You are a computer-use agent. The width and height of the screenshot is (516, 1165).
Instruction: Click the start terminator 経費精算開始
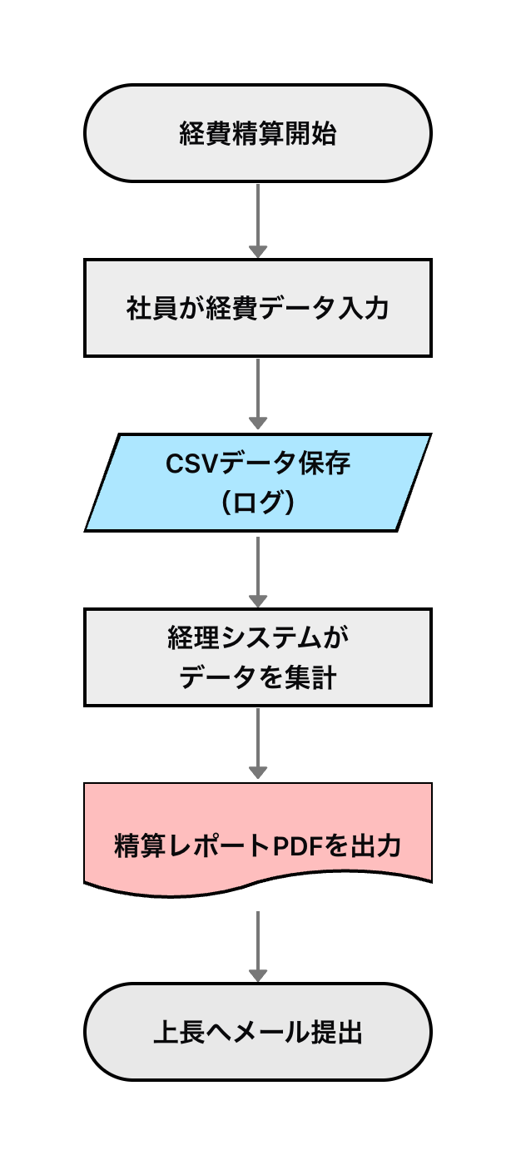258,133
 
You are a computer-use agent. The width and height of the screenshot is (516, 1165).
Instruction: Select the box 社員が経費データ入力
258,308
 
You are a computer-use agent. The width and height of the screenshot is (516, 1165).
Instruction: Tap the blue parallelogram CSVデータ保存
258,483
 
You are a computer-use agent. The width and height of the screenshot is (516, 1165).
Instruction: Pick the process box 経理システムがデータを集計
258,657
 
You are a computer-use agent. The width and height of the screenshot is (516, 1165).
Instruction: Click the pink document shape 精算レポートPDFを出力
258,832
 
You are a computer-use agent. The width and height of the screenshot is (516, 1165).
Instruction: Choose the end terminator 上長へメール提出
258,1032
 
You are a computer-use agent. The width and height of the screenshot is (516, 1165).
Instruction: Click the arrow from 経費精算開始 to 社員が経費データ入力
258,221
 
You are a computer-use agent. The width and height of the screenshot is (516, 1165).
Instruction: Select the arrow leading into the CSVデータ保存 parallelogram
258,395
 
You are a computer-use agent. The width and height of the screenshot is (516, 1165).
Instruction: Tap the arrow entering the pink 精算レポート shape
258,745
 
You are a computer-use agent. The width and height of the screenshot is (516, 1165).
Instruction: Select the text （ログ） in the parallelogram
258,503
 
